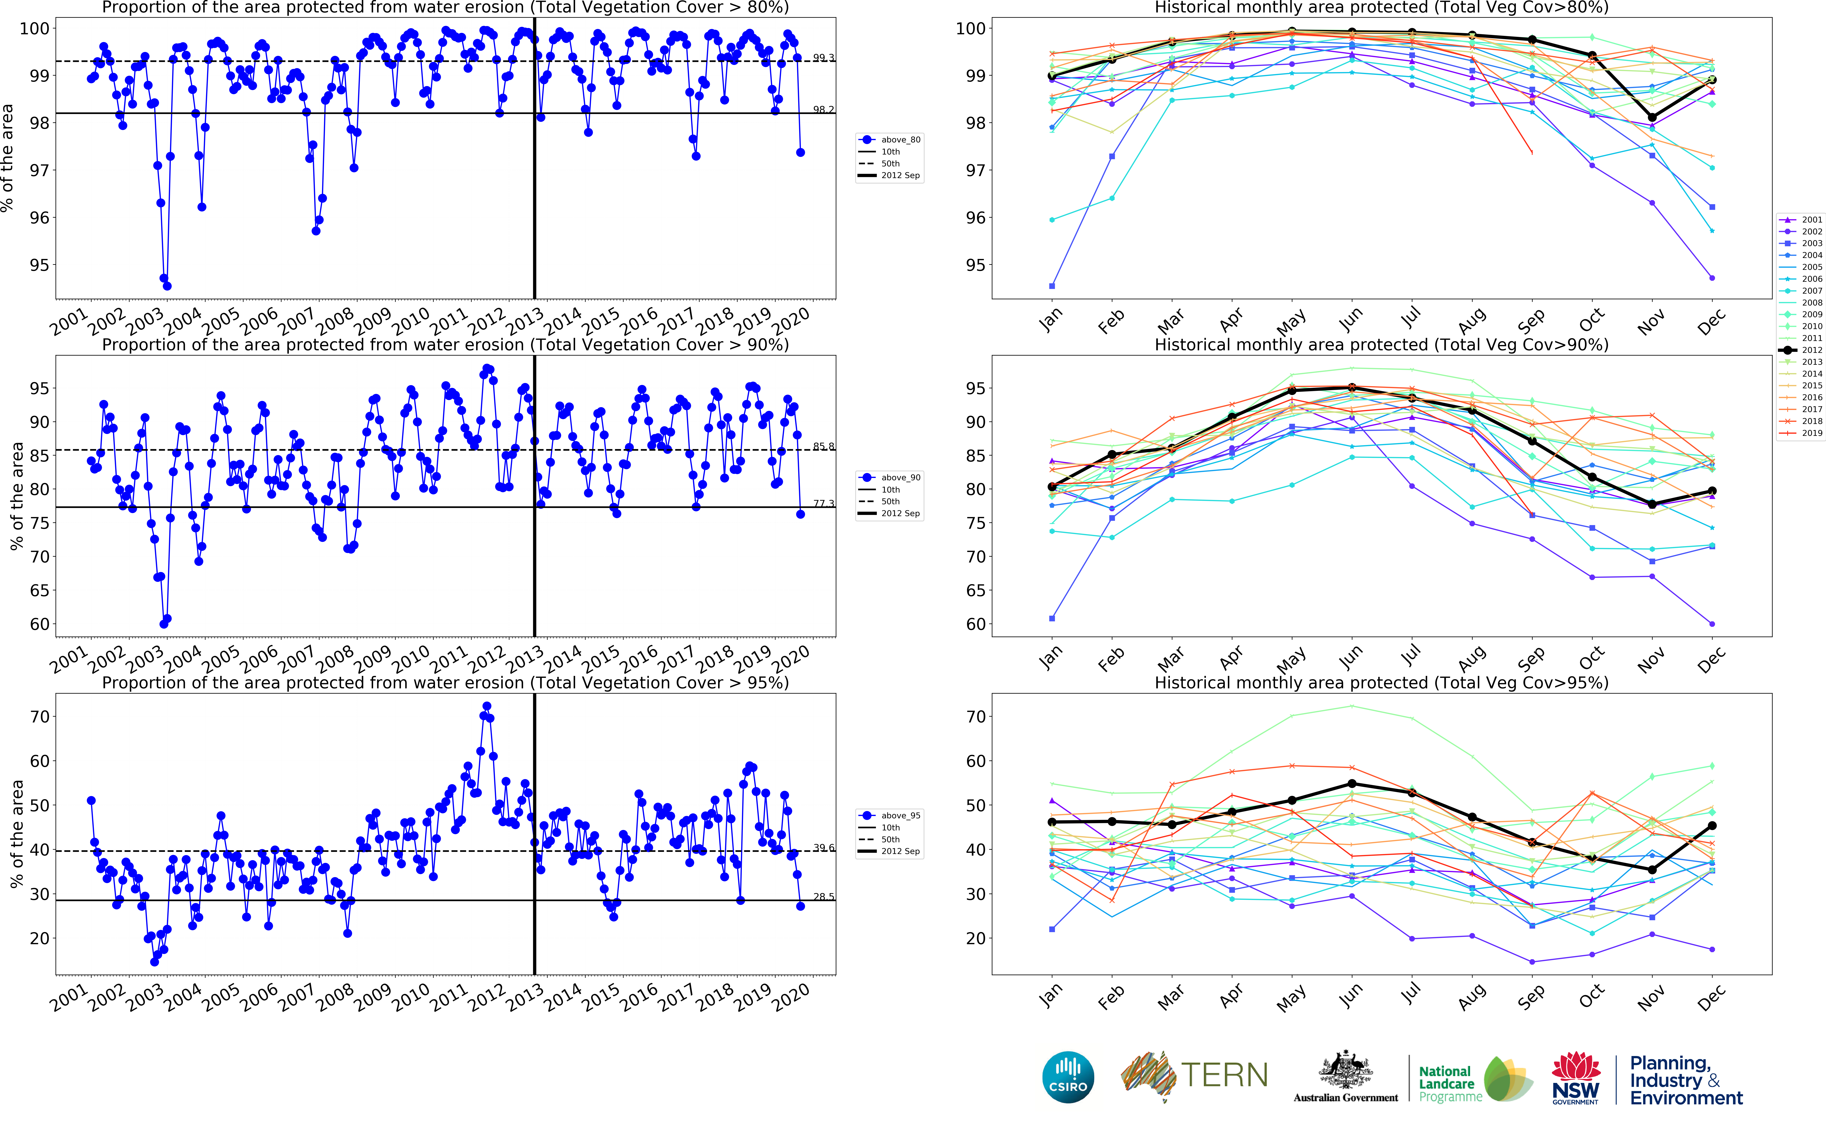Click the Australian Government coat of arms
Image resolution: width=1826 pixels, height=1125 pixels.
[1346, 1071]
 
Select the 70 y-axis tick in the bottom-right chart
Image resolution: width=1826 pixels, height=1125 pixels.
[976, 716]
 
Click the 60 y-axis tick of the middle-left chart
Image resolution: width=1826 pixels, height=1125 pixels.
[39, 624]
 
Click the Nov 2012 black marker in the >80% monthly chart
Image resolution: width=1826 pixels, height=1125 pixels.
[1652, 117]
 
